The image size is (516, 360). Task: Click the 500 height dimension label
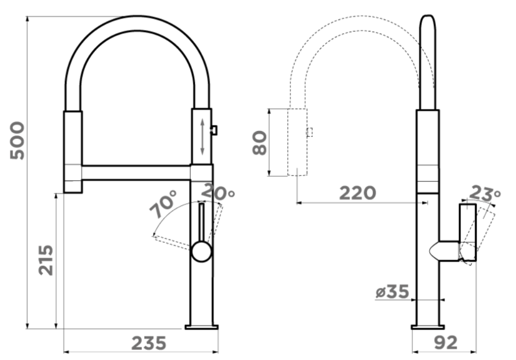click(18, 141)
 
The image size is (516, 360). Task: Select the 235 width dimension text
click(149, 343)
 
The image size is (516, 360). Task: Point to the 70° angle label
click(164, 204)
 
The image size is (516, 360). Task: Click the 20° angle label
click(218, 192)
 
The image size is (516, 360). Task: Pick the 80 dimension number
click(260, 142)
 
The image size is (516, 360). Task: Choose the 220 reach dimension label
click(358, 193)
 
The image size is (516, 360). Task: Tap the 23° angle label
click(485, 193)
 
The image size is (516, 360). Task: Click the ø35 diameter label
click(392, 291)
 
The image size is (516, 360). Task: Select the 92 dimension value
click(446, 343)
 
